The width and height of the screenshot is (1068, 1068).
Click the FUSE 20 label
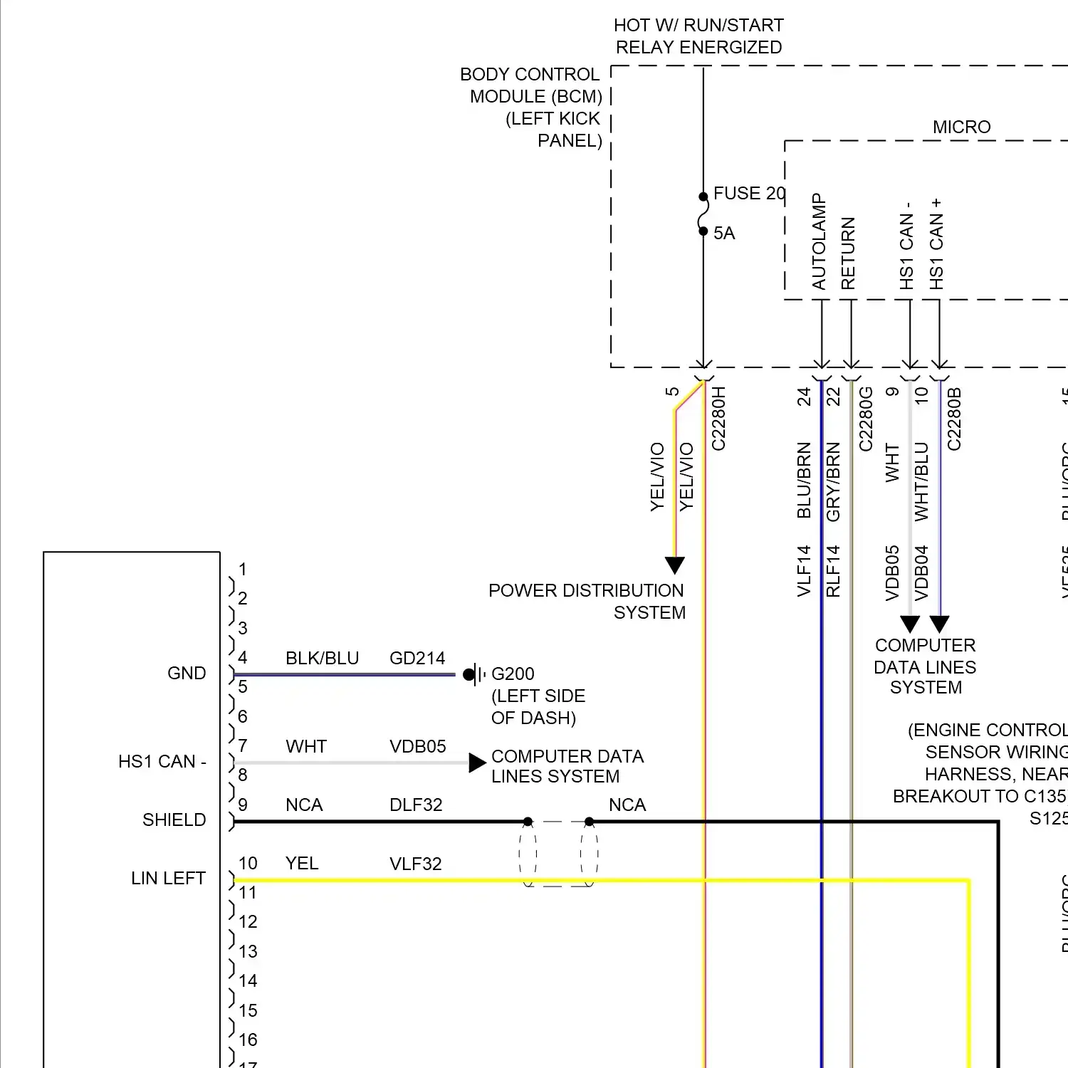click(748, 194)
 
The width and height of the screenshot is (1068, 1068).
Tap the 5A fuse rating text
click(724, 234)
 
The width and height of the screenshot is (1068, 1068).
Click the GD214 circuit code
click(417, 659)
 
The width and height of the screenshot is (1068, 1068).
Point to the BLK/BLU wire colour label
click(322, 659)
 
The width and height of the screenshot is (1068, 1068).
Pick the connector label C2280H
click(718, 419)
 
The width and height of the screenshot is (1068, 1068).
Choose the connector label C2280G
click(866, 419)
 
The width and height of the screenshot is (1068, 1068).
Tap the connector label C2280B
click(954, 419)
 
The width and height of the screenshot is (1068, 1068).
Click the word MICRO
click(961, 127)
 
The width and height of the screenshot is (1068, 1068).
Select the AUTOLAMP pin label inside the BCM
click(819, 242)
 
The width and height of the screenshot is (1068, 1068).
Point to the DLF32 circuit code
click(416, 805)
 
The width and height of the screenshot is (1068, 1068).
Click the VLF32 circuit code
click(416, 864)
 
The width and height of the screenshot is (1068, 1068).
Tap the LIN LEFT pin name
click(168, 879)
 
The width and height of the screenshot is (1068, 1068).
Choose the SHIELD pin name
click(174, 820)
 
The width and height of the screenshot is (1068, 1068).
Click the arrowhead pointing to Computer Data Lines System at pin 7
click(477, 763)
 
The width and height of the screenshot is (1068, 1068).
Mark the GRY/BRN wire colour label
click(833, 481)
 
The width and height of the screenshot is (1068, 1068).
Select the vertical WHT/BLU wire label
click(921, 481)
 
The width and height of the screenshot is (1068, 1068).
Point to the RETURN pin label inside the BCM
click(848, 253)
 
